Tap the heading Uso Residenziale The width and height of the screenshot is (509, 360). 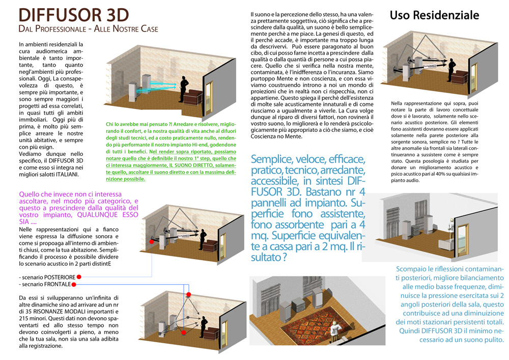click(434, 15)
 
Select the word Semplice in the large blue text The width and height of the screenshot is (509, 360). click(273, 159)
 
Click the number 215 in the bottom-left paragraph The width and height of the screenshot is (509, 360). click(23, 319)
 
